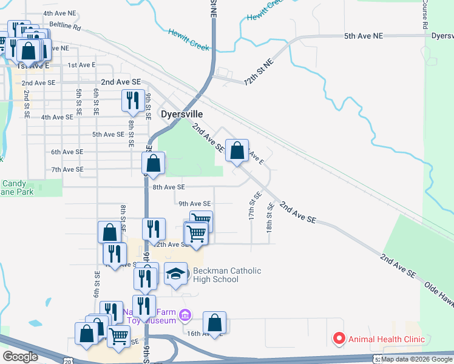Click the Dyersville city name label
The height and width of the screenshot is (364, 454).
181,113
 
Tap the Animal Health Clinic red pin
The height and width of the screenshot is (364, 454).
338,339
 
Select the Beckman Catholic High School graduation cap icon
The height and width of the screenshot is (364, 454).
176,275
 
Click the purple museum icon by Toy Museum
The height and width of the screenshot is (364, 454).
186,314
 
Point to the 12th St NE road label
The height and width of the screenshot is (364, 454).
259,72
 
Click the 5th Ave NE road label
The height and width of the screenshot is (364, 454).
364,36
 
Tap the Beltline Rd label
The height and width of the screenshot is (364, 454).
65,26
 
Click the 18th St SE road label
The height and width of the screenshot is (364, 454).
270,215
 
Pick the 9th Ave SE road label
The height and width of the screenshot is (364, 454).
194,204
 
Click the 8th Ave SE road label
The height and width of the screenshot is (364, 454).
168,187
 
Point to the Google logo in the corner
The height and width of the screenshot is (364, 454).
20,356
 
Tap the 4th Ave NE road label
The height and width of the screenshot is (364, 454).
59,13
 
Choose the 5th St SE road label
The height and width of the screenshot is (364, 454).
79,103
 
